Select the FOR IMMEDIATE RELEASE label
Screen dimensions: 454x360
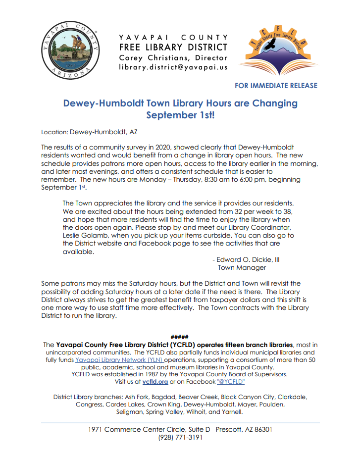(276, 86)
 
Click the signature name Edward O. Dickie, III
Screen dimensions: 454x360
(249, 259)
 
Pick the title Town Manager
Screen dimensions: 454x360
(242, 267)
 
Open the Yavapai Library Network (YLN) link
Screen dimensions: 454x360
(119, 360)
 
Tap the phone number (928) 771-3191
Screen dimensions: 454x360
(180, 438)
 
